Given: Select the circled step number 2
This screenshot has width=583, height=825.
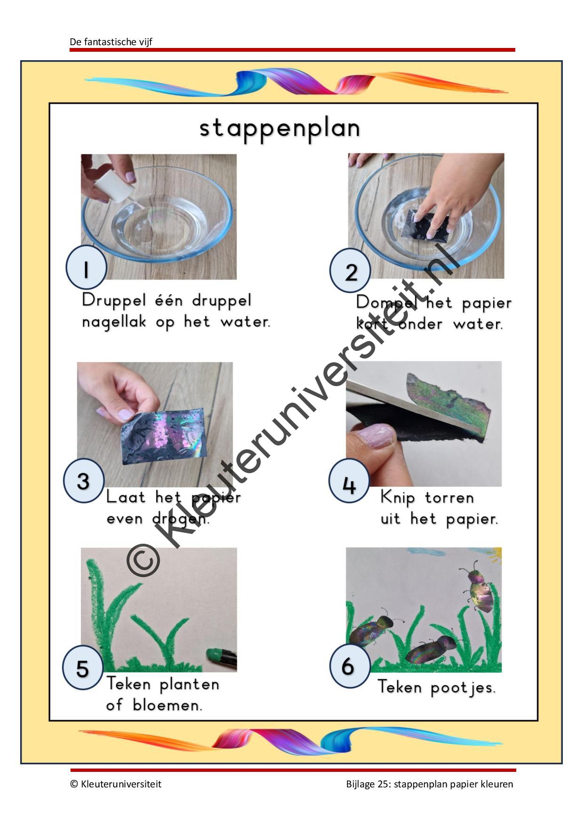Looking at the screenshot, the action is [350, 271].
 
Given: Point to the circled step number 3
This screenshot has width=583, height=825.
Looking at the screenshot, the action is [83, 481].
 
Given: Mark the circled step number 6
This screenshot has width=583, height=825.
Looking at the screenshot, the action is [348, 666].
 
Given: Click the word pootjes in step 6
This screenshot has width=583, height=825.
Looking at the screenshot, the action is [463, 688].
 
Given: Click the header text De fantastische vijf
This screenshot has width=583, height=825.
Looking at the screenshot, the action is [111, 42].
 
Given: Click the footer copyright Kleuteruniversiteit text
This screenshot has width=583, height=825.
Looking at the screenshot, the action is [116, 784].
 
